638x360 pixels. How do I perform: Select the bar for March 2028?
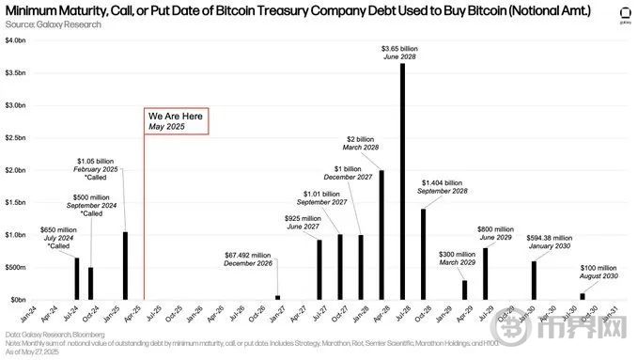[x=381, y=234]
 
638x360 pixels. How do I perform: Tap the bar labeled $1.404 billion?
[x=423, y=253]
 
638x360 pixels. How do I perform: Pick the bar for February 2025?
[x=125, y=265]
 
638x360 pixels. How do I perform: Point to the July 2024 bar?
[x=76, y=278]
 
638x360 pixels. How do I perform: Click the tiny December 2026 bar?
[x=278, y=297]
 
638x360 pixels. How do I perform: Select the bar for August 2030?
[x=582, y=296]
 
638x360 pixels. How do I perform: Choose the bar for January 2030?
[x=534, y=280]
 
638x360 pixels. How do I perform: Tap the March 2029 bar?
[x=464, y=290]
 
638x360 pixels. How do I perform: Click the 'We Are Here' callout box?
[x=175, y=120]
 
